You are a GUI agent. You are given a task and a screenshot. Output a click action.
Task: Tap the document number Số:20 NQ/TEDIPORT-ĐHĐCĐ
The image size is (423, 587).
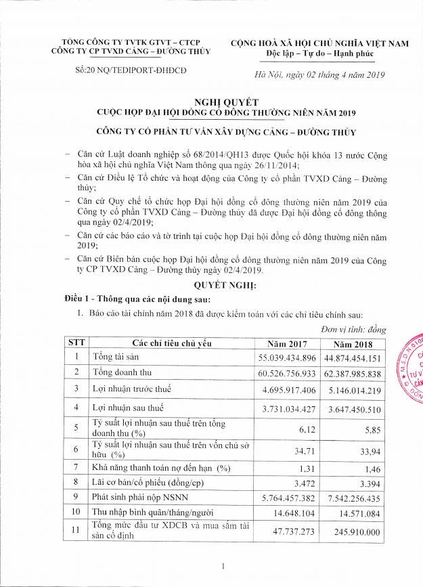click(131, 70)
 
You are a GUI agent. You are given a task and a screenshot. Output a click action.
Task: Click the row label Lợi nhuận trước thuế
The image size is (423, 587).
click(131, 389)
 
